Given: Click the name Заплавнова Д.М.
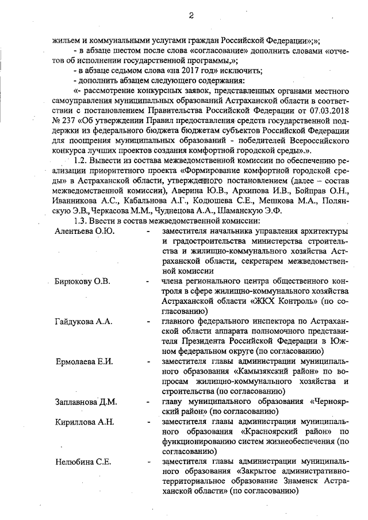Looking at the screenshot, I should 86,402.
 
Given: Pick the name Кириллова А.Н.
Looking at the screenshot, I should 85,422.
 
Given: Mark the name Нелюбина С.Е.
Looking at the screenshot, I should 83,462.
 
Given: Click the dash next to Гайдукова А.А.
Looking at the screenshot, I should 149,322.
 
